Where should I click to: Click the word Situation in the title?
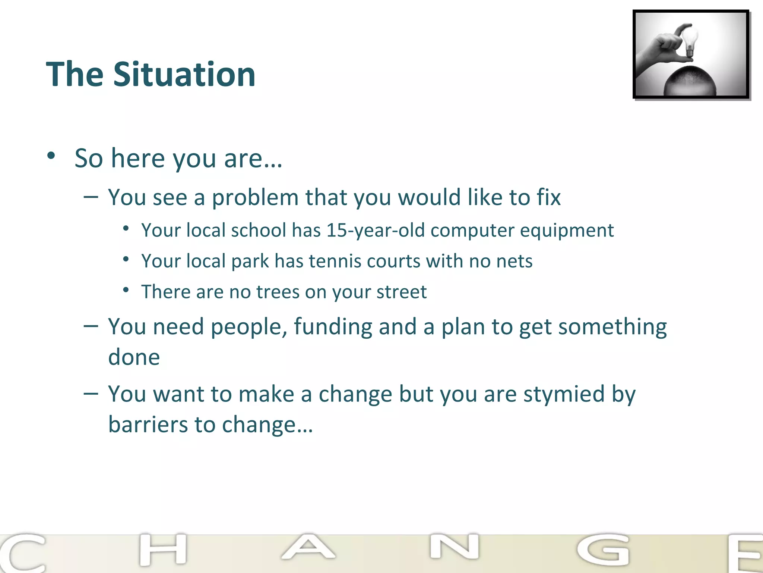[x=184, y=75]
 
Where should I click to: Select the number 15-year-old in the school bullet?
[x=376, y=230]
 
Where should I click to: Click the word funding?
[x=333, y=327]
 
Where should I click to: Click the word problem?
[x=255, y=197]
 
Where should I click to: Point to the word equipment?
[x=567, y=231]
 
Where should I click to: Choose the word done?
[x=134, y=357]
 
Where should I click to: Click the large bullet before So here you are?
[x=51, y=156]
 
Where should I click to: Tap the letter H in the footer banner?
[x=163, y=549]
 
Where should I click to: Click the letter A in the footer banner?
[x=308, y=547]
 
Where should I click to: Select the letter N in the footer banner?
[x=454, y=547]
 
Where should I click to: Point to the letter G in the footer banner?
[x=603, y=549]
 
